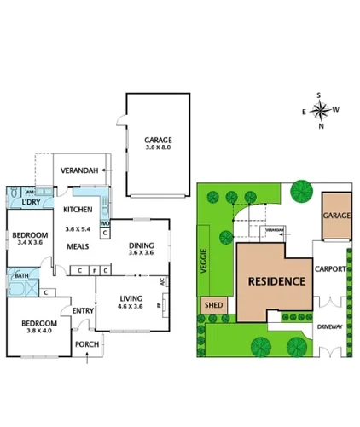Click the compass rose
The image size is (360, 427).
[x=320, y=110]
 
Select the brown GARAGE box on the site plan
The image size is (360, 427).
[x=336, y=216]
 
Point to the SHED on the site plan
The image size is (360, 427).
[x=213, y=305]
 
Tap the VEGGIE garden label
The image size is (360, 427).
[x=205, y=257]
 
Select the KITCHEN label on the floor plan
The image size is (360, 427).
[x=78, y=210]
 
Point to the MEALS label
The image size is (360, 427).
[x=79, y=246]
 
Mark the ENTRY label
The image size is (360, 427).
[x=82, y=310]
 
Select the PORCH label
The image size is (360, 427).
[x=87, y=344]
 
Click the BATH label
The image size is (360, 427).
[x=20, y=275]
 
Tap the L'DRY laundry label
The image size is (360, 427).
[x=32, y=202]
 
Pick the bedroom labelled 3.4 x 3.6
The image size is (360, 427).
[x=30, y=236]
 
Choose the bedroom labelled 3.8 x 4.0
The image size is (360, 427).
[x=39, y=325]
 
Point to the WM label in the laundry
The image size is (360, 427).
[x=29, y=193]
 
